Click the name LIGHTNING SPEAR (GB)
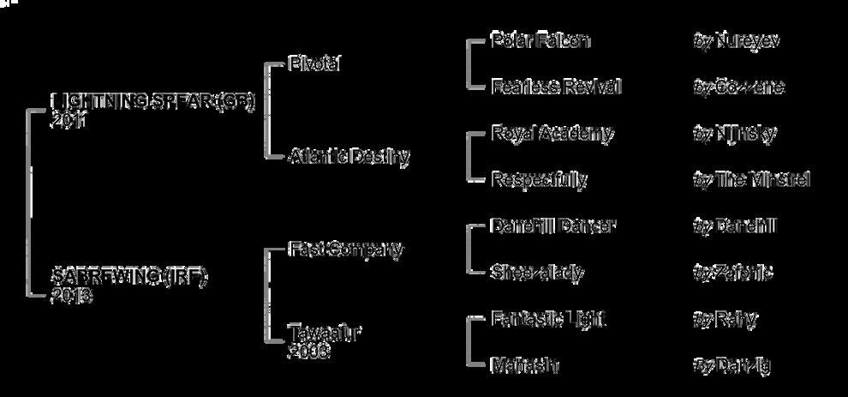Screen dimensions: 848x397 pos(153,103)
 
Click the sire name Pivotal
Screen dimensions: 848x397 pos(315,64)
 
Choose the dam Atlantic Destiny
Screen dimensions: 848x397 pos(349,157)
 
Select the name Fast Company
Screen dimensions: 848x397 pos(345,250)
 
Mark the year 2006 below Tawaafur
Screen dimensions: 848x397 pos(308,351)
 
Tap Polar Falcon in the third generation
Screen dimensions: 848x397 pos(540,40)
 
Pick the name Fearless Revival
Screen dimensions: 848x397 pos(556,87)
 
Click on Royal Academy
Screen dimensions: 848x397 pos(552,133)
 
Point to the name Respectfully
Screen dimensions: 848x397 pos(539,179)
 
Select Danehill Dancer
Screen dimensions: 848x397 pos(553,226)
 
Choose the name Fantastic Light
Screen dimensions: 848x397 pos(548,319)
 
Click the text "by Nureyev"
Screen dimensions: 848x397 pos(736,40)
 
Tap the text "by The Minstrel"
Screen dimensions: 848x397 pos(750,179)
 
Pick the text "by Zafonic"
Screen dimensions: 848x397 pos(732,273)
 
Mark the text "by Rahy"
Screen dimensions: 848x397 pos(725,319)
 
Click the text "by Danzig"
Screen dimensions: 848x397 pos(732,365)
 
